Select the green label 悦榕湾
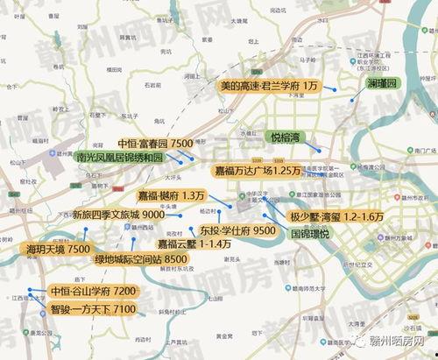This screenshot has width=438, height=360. click(284, 138)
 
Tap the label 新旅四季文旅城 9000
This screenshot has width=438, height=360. click(118, 215)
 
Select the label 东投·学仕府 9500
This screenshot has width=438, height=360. click(237, 229)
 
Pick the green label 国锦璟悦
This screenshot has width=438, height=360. click(309, 235)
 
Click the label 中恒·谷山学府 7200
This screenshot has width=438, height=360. click(94, 291)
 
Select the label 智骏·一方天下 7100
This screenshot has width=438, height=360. click(92, 309)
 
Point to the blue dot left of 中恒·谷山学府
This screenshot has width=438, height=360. click(31, 289)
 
